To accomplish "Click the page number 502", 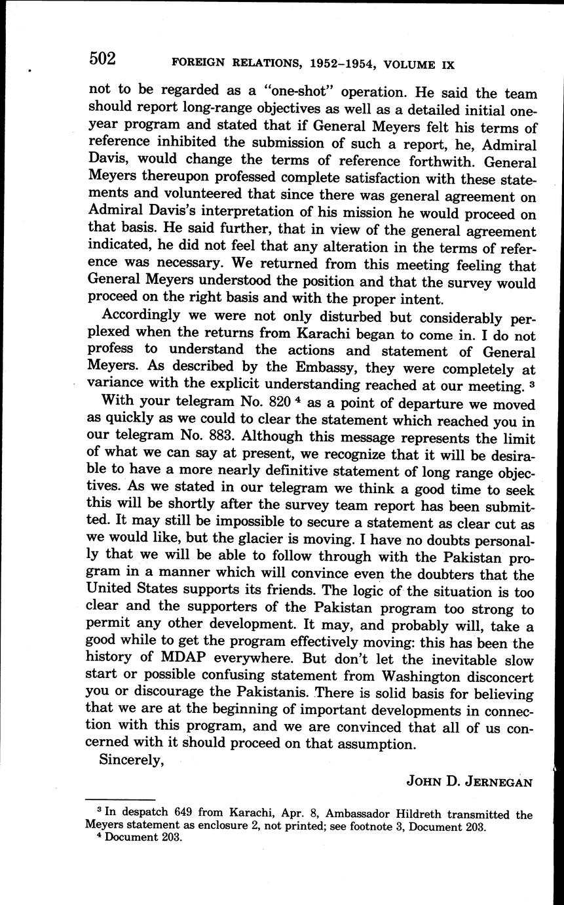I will (102, 60).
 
